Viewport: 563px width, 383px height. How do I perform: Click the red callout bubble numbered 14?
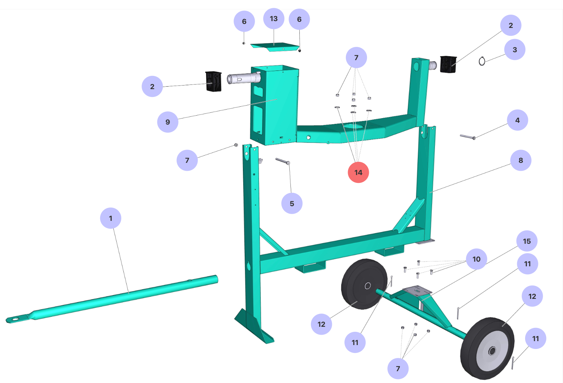point(358,172)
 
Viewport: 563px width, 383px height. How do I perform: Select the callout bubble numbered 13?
point(274,19)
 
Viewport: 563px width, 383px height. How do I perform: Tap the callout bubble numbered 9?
point(168,122)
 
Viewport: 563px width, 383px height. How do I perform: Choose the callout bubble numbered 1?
point(111,218)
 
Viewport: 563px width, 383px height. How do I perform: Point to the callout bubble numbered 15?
point(527,241)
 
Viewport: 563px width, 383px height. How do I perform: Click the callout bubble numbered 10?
point(476,259)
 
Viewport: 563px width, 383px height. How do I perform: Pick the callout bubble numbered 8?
point(521,160)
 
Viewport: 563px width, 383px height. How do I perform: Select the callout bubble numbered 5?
point(292,203)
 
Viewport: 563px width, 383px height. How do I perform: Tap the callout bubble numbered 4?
point(518,120)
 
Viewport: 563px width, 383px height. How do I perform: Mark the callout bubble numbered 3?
point(515,49)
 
